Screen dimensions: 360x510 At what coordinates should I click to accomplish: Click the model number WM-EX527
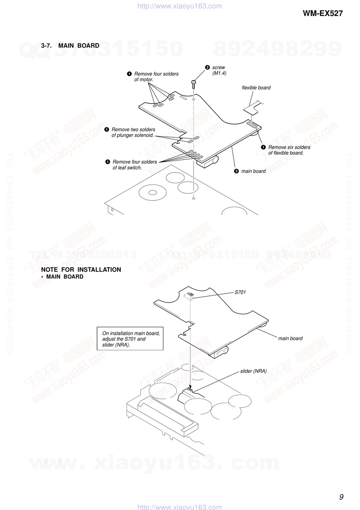tap(322, 14)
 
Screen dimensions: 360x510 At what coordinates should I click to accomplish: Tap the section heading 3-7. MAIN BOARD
tap(70, 46)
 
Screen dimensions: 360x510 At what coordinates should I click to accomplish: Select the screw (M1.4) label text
tap(219, 70)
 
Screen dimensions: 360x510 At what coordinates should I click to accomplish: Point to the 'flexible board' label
tap(256, 88)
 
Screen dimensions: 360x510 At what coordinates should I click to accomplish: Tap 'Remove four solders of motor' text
tap(156, 77)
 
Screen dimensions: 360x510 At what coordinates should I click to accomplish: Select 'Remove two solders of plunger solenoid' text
tap(133, 132)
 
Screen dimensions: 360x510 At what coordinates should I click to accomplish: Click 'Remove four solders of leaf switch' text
tap(135, 165)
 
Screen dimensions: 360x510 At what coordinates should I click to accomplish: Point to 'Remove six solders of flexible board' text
tap(289, 150)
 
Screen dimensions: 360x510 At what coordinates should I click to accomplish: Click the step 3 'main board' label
tap(254, 171)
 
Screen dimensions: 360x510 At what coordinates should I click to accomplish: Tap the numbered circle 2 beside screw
tap(207, 67)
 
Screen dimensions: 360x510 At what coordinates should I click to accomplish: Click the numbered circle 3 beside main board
tap(236, 171)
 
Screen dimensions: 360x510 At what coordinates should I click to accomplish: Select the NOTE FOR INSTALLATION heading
tap(81, 270)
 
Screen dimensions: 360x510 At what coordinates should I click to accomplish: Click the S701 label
tap(240, 292)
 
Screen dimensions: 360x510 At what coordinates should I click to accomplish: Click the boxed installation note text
tap(130, 339)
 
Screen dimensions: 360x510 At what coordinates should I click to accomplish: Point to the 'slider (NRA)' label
tap(253, 371)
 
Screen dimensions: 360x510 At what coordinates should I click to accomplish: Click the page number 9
tap(341, 497)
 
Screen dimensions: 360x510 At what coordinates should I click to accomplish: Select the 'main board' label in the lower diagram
tap(290, 338)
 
